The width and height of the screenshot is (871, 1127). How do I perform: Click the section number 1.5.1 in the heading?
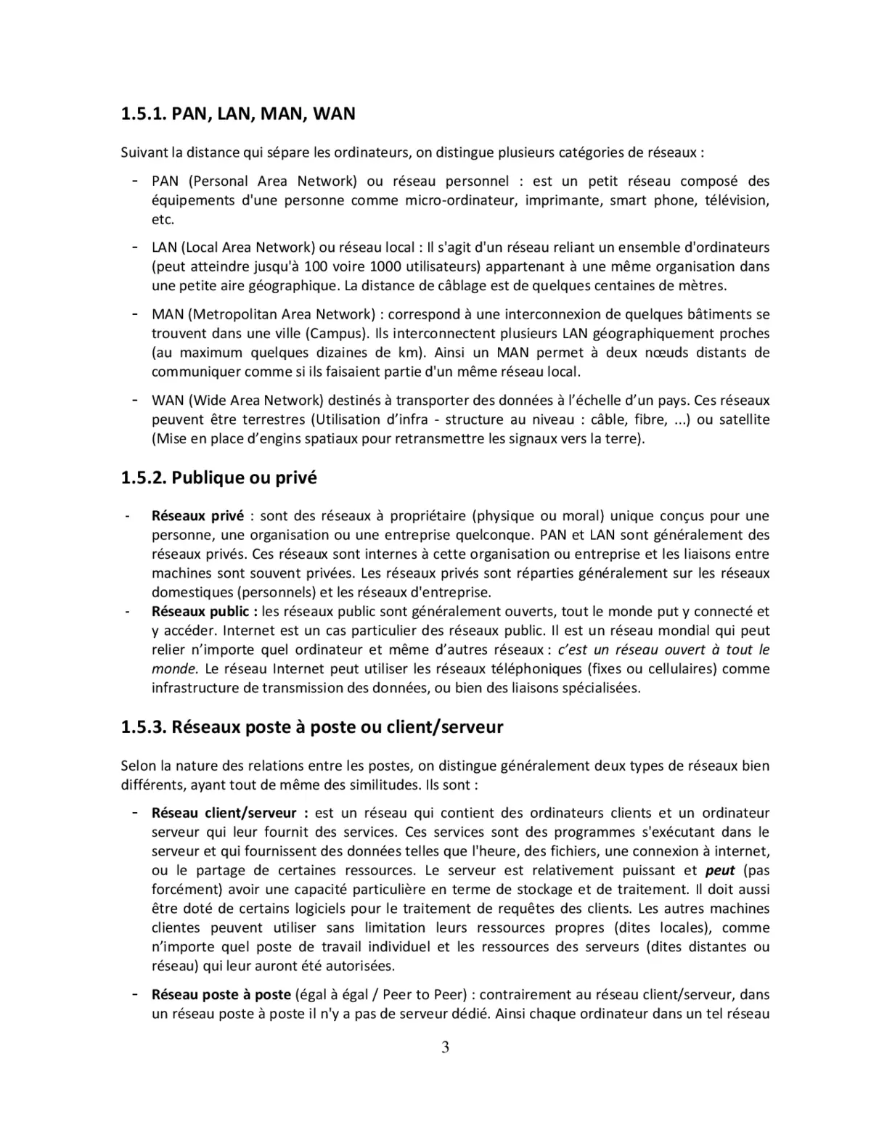click(x=143, y=114)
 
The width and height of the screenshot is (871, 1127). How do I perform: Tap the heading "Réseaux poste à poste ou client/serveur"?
click(x=337, y=727)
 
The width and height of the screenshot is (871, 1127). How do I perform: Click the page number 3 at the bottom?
click(x=445, y=1047)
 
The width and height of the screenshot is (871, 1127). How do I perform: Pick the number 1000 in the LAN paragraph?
click(x=385, y=266)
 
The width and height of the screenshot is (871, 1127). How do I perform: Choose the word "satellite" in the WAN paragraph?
click(x=744, y=419)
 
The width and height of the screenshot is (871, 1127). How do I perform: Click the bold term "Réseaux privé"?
click(x=197, y=517)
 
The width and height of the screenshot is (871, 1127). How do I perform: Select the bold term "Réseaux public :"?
click(x=205, y=612)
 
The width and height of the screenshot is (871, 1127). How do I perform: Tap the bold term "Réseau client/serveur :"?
click(x=229, y=814)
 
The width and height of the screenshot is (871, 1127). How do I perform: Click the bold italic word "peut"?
click(x=720, y=871)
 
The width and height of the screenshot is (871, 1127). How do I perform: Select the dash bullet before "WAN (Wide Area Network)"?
click(x=135, y=400)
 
